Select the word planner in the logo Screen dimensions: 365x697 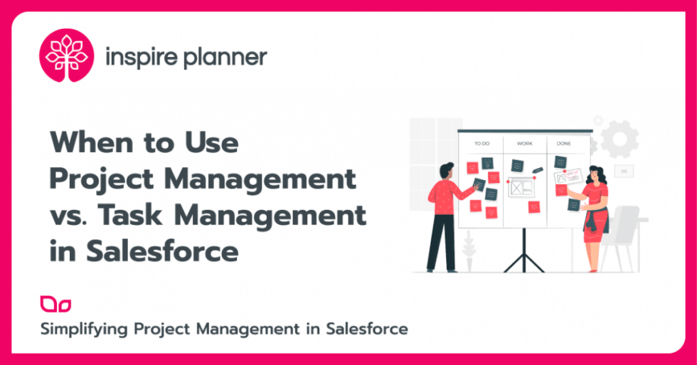[225, 57]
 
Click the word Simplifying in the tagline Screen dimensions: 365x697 [83, 329]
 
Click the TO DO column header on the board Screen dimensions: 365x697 [481, 144]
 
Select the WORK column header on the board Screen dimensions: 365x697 [524, 144]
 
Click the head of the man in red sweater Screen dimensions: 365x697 [446, 171]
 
